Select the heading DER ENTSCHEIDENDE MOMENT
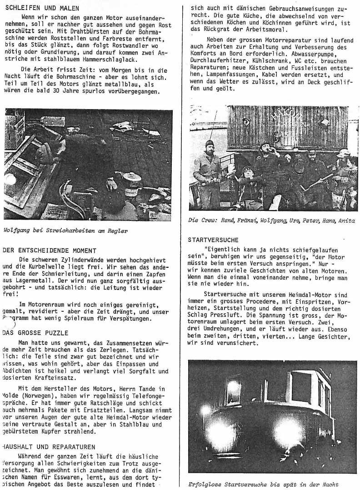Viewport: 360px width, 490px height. pos(50,250)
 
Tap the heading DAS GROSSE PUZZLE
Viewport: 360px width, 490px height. pos(35,333)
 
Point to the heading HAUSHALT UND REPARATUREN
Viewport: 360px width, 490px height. pos(49,446)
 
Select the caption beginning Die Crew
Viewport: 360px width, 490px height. pos(271,220)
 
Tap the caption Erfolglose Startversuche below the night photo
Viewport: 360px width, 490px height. pos(263,485)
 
